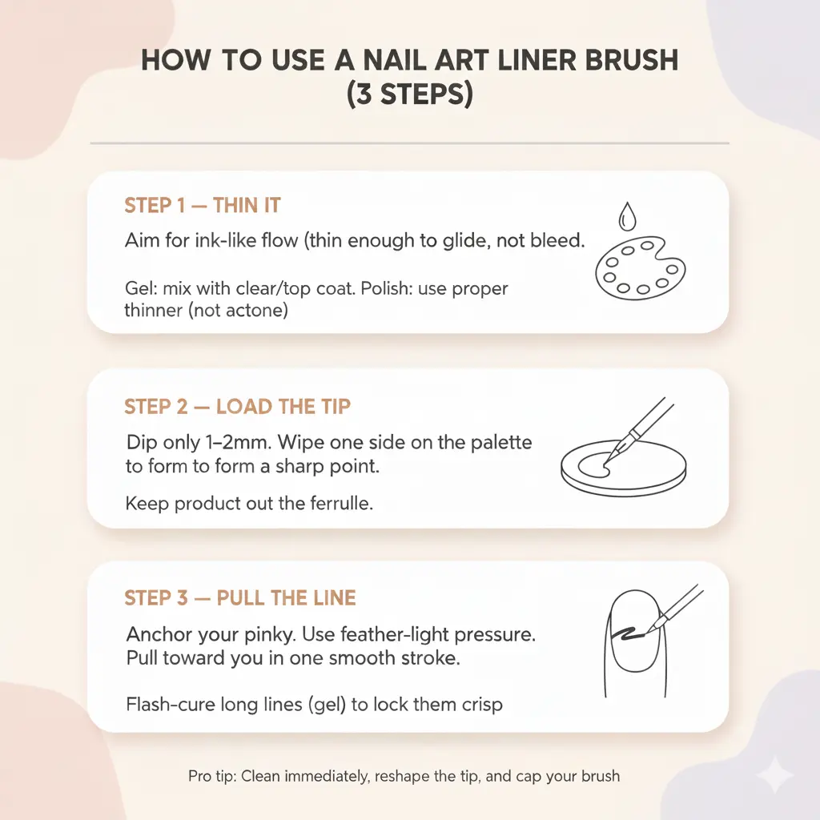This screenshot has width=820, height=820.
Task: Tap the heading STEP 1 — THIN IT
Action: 202,206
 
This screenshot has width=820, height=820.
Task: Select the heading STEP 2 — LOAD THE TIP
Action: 237,407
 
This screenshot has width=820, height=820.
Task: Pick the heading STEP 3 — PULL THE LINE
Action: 240,598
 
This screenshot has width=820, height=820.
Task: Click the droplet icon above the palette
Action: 625,215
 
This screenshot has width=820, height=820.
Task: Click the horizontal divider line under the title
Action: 409,144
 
